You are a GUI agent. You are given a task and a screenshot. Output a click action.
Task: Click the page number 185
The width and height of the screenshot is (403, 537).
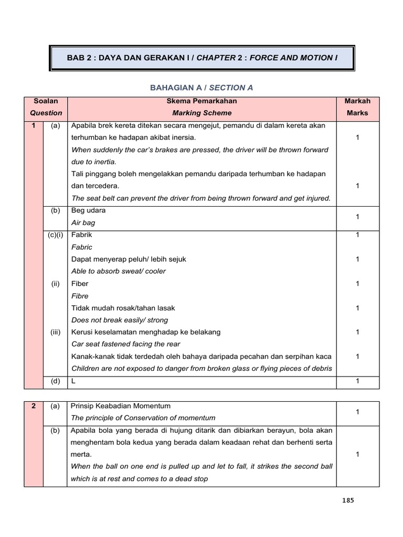click(347, 500)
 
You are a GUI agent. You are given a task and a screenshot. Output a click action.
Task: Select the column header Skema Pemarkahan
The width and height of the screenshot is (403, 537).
click(202, 101)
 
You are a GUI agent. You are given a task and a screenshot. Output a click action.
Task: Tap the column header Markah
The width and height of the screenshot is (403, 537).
click(357, 101)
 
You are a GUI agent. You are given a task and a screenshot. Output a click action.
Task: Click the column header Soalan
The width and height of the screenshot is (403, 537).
click(46, 101)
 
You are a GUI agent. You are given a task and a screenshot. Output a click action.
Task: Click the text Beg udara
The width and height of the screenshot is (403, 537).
click(88, 210)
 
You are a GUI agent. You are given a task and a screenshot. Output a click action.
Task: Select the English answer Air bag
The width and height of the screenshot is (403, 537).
click(83, 223)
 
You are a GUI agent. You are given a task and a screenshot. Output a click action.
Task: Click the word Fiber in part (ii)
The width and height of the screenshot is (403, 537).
click(80, 284)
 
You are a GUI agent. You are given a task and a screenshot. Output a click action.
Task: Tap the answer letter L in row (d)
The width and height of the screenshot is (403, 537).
click(73, 381)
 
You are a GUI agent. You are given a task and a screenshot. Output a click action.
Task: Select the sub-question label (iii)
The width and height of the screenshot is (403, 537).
click(55, 332)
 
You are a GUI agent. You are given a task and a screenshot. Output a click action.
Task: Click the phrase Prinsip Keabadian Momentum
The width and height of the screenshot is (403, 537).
click(121, 406)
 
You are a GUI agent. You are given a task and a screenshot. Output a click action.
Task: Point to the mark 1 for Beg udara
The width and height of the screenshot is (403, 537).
click(357, 217)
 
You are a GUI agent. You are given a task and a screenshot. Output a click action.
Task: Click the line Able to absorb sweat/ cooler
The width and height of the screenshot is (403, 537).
click(118, 272)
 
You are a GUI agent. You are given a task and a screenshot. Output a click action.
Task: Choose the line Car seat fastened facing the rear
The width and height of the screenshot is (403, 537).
click(125, 345)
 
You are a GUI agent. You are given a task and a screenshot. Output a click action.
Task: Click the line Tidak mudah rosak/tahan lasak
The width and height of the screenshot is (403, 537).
click(123, 308)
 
